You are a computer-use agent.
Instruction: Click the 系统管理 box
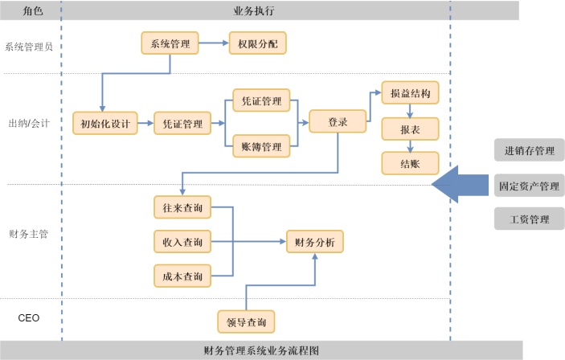[x=170, y=43]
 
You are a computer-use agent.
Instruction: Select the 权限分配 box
[x=257, y=43]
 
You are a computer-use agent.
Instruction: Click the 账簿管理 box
[x=261, y=146]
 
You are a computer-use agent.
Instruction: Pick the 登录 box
[x=338, y=122]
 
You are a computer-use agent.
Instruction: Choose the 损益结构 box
[x=410, y=93]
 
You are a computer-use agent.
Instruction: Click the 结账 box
[x=410, y=163]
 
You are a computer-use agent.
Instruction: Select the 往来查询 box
[x=182, y=207]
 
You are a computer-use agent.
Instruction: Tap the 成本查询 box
[x=182, y=276]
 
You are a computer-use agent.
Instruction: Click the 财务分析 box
[x=315, y=242]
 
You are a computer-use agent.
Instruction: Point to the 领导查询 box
[x=246, y=321]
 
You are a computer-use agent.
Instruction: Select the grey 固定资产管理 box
[x=528, y=186]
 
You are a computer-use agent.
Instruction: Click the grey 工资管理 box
[x=528, y=219]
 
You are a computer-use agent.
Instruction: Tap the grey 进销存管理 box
[x=528, y=150]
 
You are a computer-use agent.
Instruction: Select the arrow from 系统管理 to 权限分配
[x=214, y=43]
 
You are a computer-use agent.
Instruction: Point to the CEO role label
[x=29, y=318]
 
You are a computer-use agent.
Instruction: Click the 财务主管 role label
[x=28, y=234]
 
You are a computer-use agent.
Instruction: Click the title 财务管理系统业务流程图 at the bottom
[x=262, y=351]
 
